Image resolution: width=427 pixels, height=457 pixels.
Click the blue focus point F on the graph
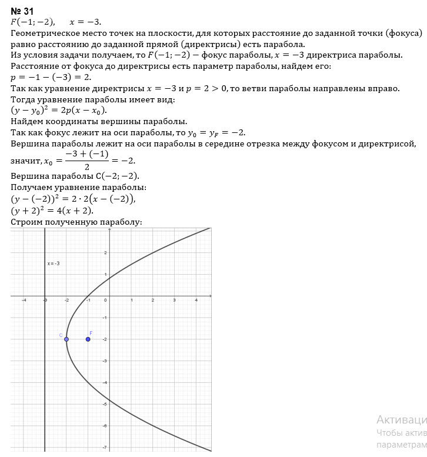click(88, 339)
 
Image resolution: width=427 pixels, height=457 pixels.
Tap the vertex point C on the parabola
click(66, 339)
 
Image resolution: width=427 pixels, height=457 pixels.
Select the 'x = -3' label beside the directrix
click(54, 263)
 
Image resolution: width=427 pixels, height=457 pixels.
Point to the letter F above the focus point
click(91, 333)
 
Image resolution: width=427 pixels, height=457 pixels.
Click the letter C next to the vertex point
click(61, 335)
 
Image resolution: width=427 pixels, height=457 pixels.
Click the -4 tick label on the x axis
click(24, 301)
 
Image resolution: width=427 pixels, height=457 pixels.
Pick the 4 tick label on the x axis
click(196, 301)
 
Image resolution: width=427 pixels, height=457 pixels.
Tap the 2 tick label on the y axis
click(105, 253)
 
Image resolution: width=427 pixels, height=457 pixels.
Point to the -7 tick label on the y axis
click(104, 448)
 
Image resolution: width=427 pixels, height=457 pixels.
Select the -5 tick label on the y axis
click(104, 404)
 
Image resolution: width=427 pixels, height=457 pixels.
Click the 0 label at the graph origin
click(106, 301)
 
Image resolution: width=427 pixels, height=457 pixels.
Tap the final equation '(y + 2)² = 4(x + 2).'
click(52, 211)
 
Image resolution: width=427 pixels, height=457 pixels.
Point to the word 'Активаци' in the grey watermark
click(401, 419)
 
